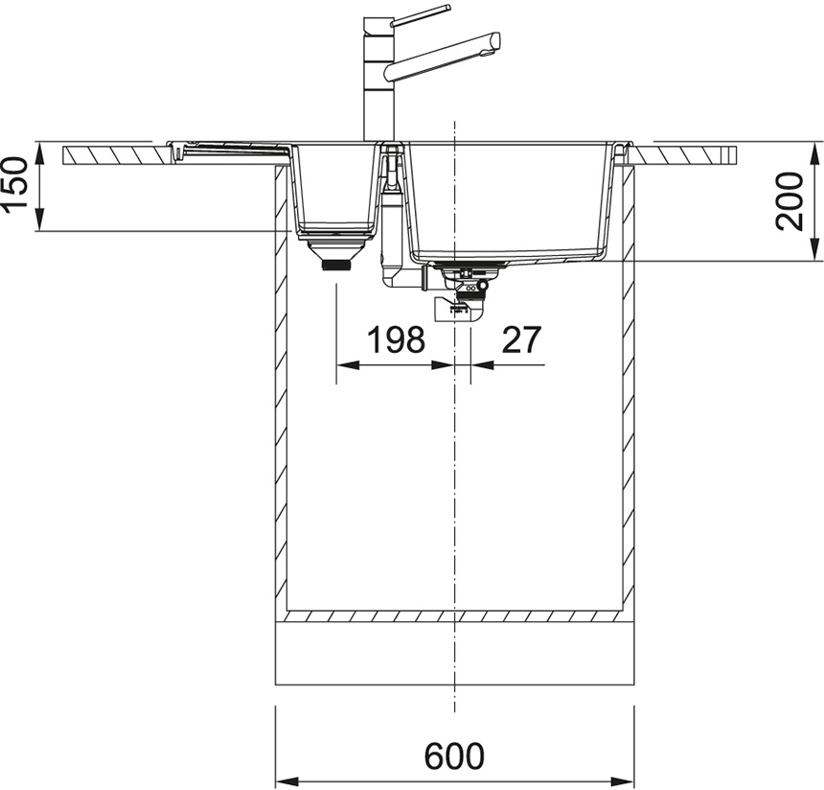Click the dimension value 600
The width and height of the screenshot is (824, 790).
pos(454,756)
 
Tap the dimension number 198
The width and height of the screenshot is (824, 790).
pos(396,339)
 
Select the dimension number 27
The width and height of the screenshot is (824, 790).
pos(521,339)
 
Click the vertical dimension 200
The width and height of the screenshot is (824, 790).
pos(790,201)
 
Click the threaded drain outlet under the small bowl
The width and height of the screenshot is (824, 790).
pos(335,265)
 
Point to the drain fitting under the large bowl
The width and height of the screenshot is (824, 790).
pos(464,290)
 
